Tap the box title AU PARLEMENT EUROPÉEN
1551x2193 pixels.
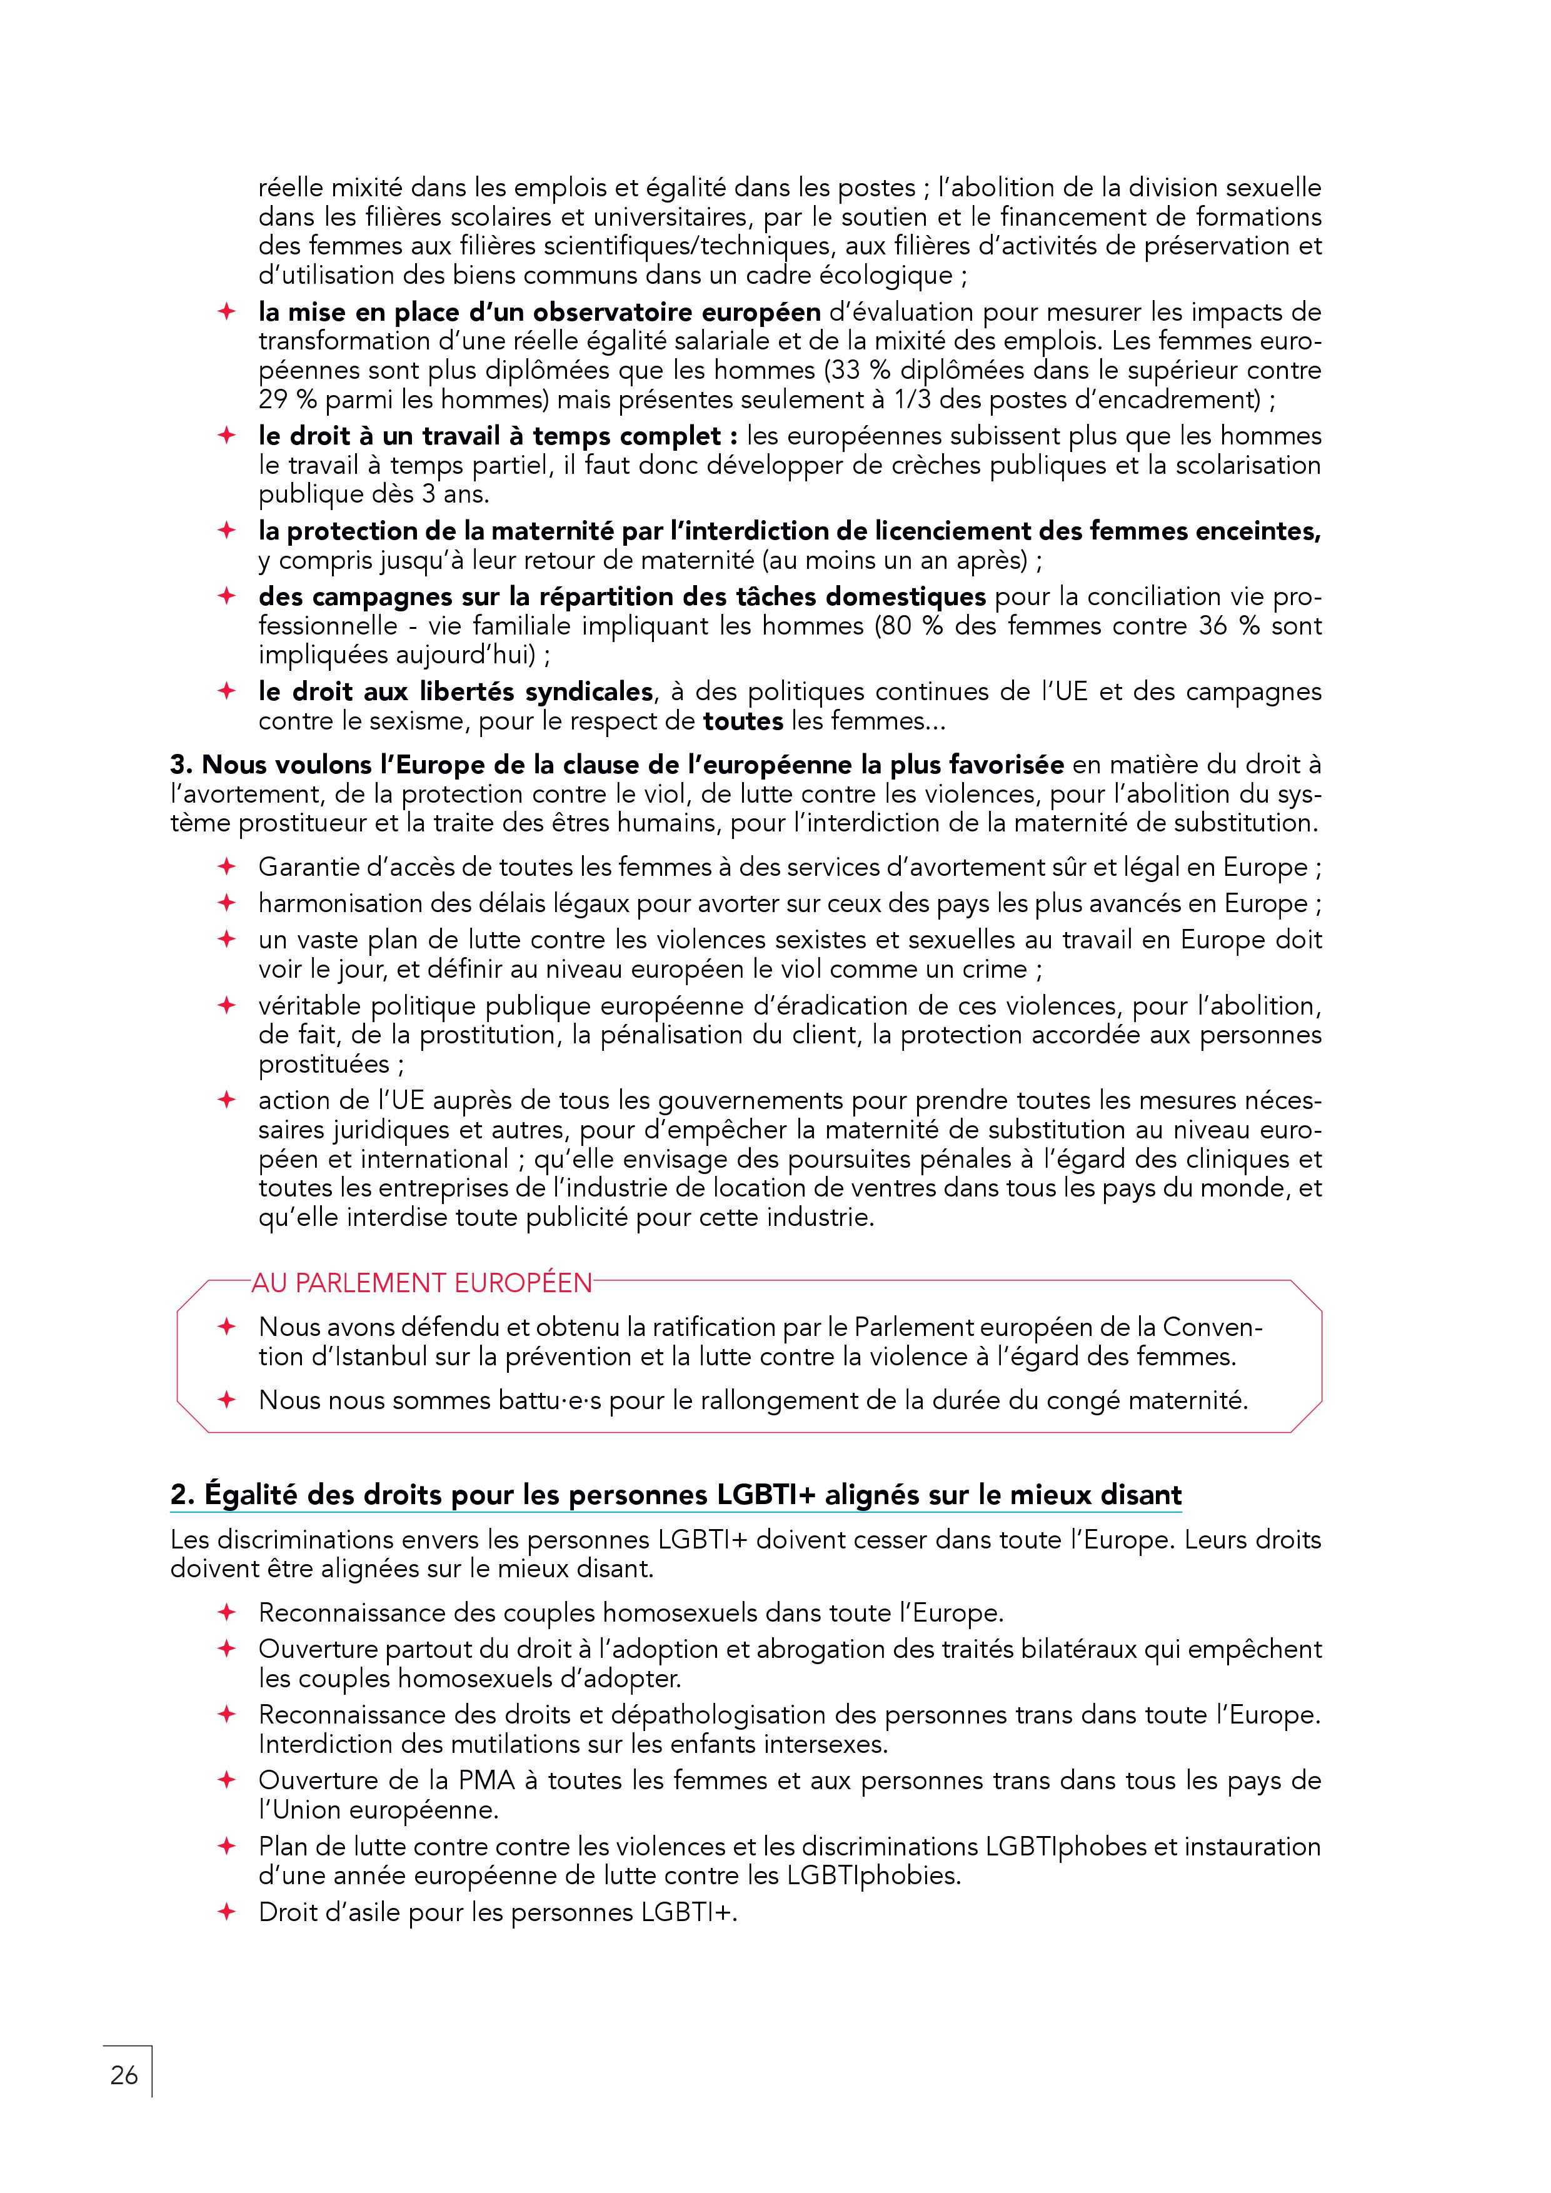421,1283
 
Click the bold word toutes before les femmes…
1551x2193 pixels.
743,721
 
